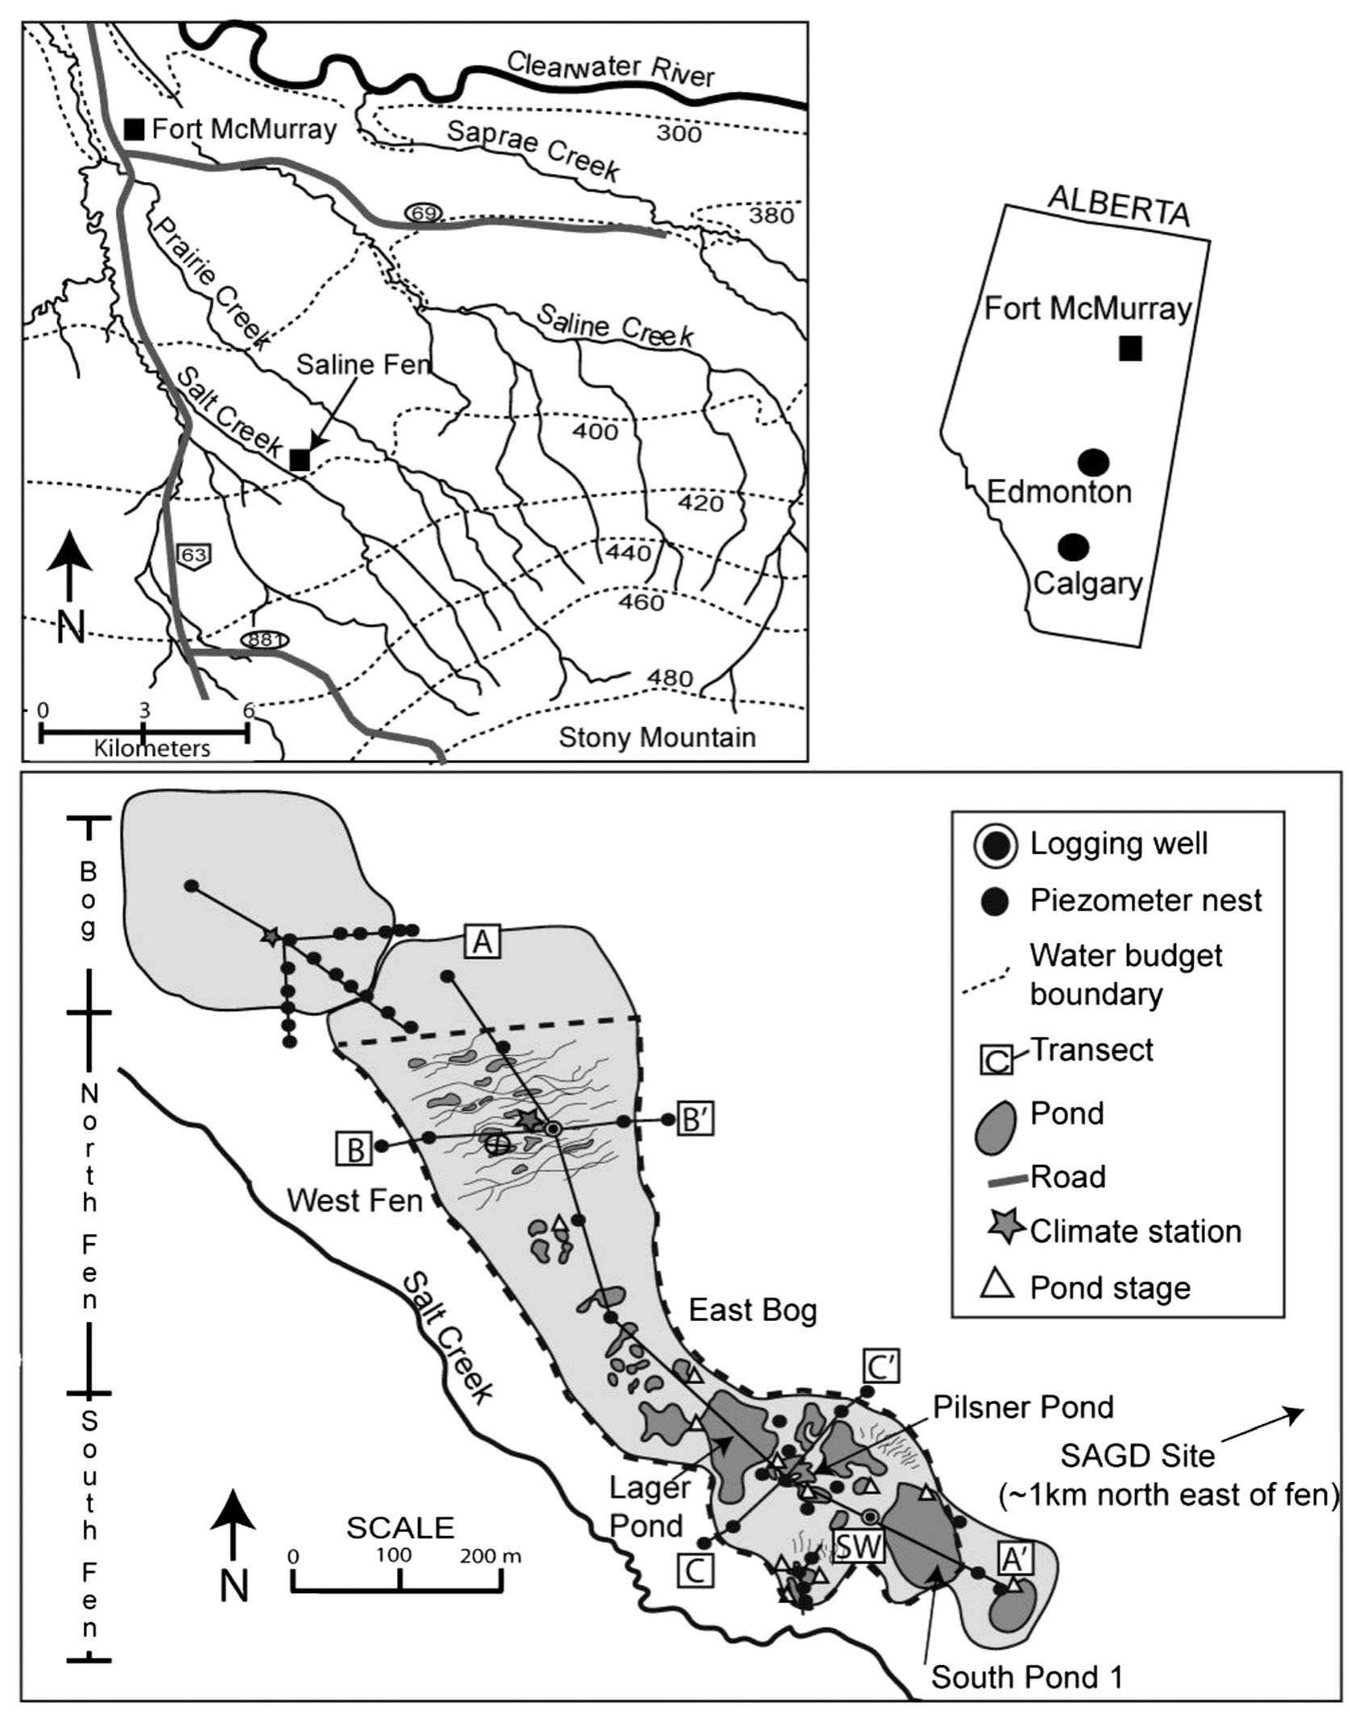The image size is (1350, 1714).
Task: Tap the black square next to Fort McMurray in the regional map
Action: click(134, 129)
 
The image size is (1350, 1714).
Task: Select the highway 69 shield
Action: click(423, 213)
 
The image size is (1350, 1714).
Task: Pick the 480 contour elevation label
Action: click(670, 678)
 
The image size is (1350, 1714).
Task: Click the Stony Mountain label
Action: click(657, 737)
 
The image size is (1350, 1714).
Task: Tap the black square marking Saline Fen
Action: click(299, 459)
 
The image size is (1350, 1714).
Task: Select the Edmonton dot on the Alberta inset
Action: click(1093, 462)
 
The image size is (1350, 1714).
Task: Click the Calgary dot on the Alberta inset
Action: click(1073, 547)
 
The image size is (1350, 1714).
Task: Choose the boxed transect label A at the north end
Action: click(481, 941)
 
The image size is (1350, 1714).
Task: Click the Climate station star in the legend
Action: click(999, 1229)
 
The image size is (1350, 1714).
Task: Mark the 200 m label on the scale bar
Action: click(490, 1556)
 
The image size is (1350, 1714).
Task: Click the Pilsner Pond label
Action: click(1023, 1406)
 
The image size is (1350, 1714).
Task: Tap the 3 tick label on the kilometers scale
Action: click(143, 710)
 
